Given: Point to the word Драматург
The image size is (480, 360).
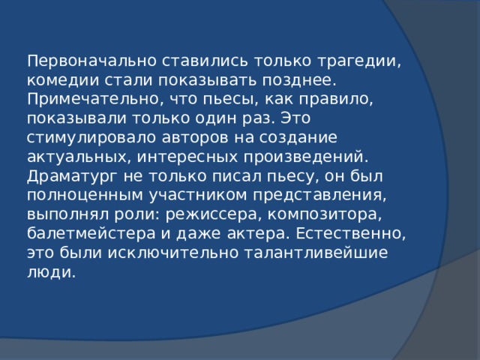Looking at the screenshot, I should pos(66,177).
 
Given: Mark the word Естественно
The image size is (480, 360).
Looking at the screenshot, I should pos(352,235).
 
